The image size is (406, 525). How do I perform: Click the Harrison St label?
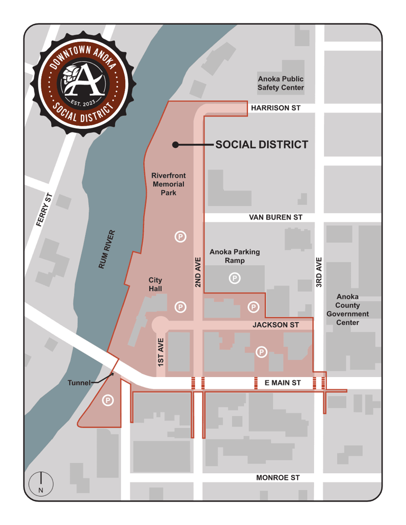tap(275, 108)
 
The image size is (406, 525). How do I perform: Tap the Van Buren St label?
tap(275, 217)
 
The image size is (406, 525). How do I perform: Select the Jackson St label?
tap(275, 325)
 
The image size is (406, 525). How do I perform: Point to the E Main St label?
tap(282, 382)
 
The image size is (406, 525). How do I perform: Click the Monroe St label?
tap(278, 477)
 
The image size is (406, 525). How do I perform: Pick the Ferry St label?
tap(45, 210)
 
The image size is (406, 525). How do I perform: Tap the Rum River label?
tap(107, 250)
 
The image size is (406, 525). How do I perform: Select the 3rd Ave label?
tap(319, 273)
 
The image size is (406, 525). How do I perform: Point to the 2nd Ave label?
tap(198, 273)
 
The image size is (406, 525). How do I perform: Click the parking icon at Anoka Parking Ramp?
tap(234, 277)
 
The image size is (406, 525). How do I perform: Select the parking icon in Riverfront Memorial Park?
tap(180, 237)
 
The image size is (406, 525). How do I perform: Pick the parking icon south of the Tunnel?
tap(107, 400)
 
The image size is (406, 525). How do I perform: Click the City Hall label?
tap(155, 284)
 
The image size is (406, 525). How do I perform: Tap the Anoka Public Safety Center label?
tap(280, 83)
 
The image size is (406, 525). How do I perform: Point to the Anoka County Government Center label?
tap(347, 310)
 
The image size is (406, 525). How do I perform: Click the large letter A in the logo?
tap(84, 81)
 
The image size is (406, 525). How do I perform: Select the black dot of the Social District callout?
tap(175, 145)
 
